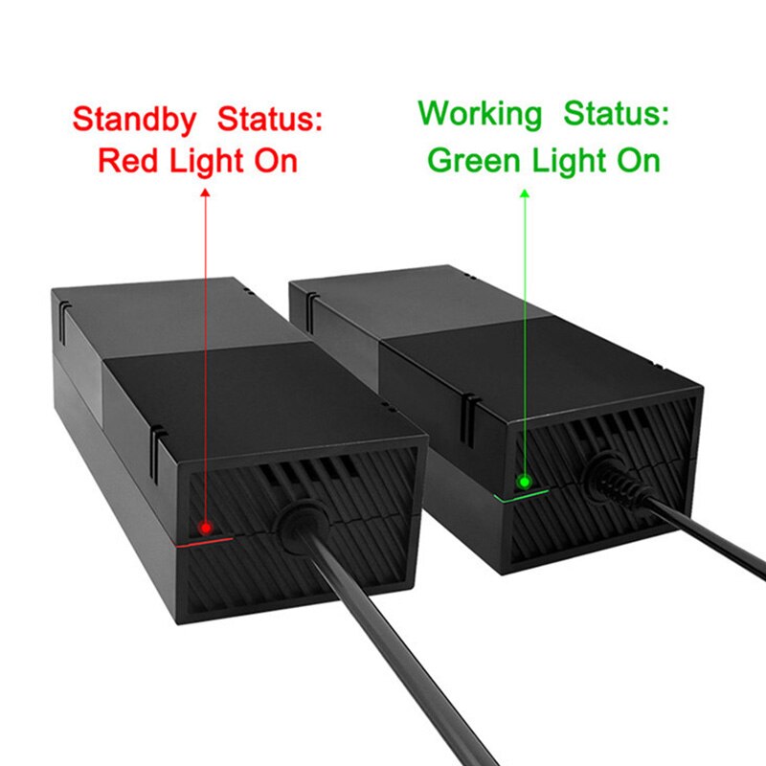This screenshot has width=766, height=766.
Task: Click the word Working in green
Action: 480,114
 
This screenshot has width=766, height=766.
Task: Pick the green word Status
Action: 616,114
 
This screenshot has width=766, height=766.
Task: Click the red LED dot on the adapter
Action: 204,528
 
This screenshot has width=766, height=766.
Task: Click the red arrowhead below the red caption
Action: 205,194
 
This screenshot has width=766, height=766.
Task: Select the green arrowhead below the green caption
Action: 524,194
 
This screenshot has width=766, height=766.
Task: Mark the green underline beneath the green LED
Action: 522,494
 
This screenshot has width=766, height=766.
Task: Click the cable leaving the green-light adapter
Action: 709,536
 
